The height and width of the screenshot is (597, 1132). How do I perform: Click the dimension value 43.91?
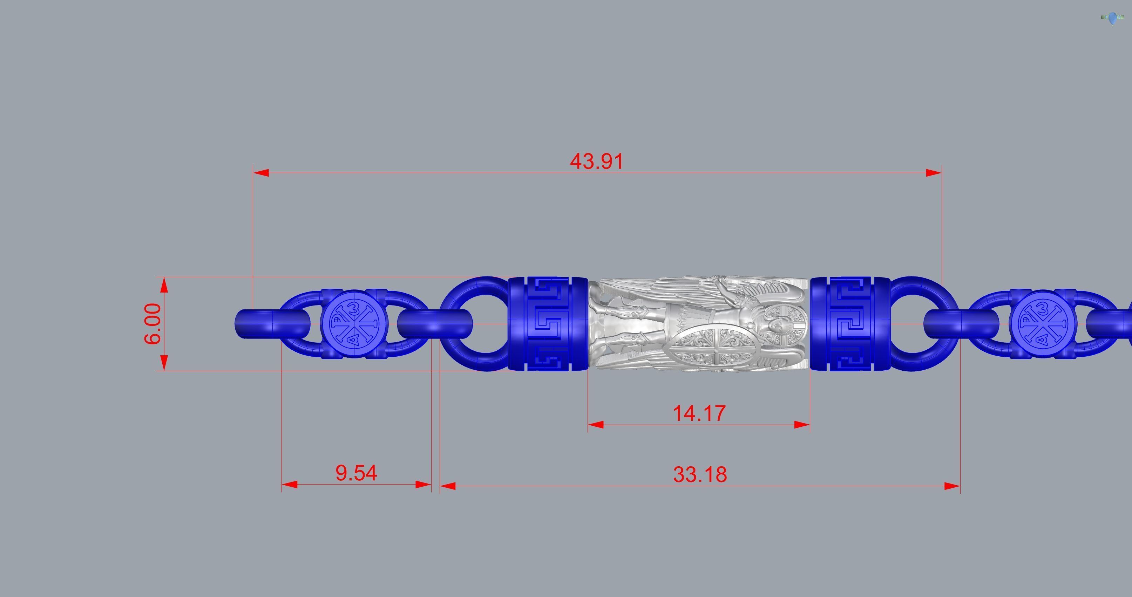click(596, 161)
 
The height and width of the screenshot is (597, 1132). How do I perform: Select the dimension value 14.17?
click(699, 413)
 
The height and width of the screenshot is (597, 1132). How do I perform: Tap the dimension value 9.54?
click(356, 473)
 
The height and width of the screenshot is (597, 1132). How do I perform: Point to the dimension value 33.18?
click(700, 474)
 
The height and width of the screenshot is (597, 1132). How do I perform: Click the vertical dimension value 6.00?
click(152, 324)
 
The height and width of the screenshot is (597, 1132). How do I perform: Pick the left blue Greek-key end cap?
click(548, 324)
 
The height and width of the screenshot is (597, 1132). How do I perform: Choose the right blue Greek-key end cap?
click(849, 324)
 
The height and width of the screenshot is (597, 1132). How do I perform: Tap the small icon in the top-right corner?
click(1112, 19)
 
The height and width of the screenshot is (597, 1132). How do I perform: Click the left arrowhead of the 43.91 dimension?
click(260, 173)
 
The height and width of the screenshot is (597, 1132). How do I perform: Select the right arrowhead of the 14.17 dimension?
click(802, 425)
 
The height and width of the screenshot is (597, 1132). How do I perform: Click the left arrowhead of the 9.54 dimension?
click(289, 485)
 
